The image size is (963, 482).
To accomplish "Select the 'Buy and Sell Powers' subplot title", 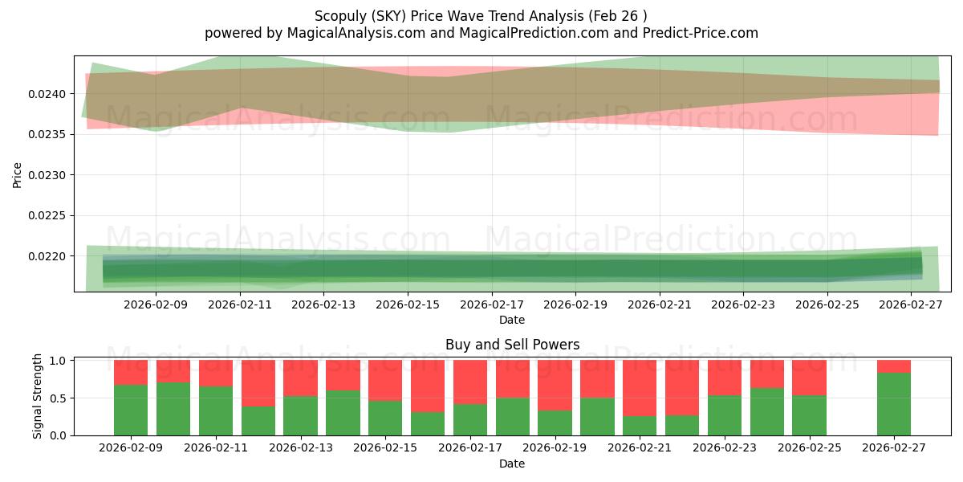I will pyautogui.click(x=512, y=345).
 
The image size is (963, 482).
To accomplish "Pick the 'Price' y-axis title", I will pyautogui.click(x=18, y=174).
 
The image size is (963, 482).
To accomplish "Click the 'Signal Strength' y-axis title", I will pyautogui.click(x=38, y=396).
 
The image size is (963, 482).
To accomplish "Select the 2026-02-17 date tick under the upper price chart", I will pyautogui.click(x=491, y=305).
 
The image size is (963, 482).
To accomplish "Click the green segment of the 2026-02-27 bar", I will pyautogui.click(x=893, y=404).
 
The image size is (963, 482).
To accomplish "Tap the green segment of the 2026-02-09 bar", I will pyautogui.click(x=131, y=410).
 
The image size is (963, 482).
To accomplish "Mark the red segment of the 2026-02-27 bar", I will pyautogui.click(x=893, y=366).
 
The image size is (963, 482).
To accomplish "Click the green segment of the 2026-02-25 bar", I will pyautogui.click(x=809, y=415).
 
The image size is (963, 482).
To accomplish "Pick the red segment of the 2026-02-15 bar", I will pyautogui.click(x=385, y=380).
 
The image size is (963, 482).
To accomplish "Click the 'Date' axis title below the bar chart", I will pyautogui.click(x=512, y=464).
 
